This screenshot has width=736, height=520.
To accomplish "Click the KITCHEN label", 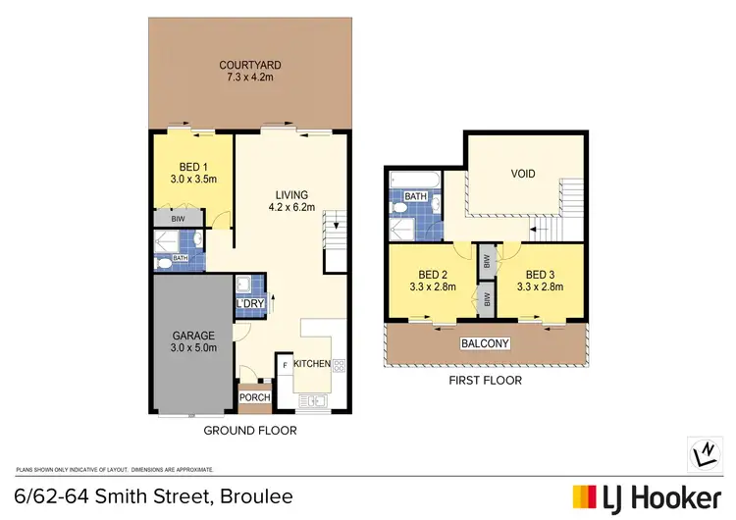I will tap(312, 364).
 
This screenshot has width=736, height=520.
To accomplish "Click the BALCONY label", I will tap(486, 343).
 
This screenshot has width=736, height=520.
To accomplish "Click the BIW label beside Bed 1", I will tap(178, 220).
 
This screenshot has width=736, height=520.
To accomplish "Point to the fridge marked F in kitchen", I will tap(286, 365).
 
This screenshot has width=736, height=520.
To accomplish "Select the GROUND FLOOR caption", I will tap(249, 430).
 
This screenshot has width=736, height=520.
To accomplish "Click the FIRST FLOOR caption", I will tap(487, 380).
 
